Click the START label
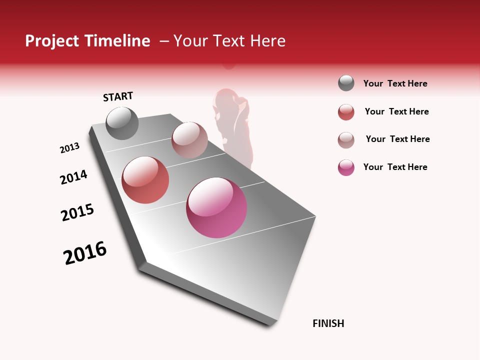(x=118, y=96)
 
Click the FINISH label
(x=328, y=323)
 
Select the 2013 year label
(x=69, y=148)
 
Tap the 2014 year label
(x=73, y=177)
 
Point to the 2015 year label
(x=77, y=212)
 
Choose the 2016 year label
(x=85, y=253)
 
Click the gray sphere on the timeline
(x=122, y=123)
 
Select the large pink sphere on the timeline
(x=216, y=207)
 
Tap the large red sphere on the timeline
(x=145, y=180)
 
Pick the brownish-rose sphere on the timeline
(x=189, y=140)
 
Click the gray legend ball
(x=346, y=83)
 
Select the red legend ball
(x=346, y=112)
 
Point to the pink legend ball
(x=346, y=167)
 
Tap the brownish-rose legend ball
(x=346, y=140)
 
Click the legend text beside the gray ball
(x=395, y=83)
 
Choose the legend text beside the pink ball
(x=395, y=167)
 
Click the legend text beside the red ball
(x=396, y=111)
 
